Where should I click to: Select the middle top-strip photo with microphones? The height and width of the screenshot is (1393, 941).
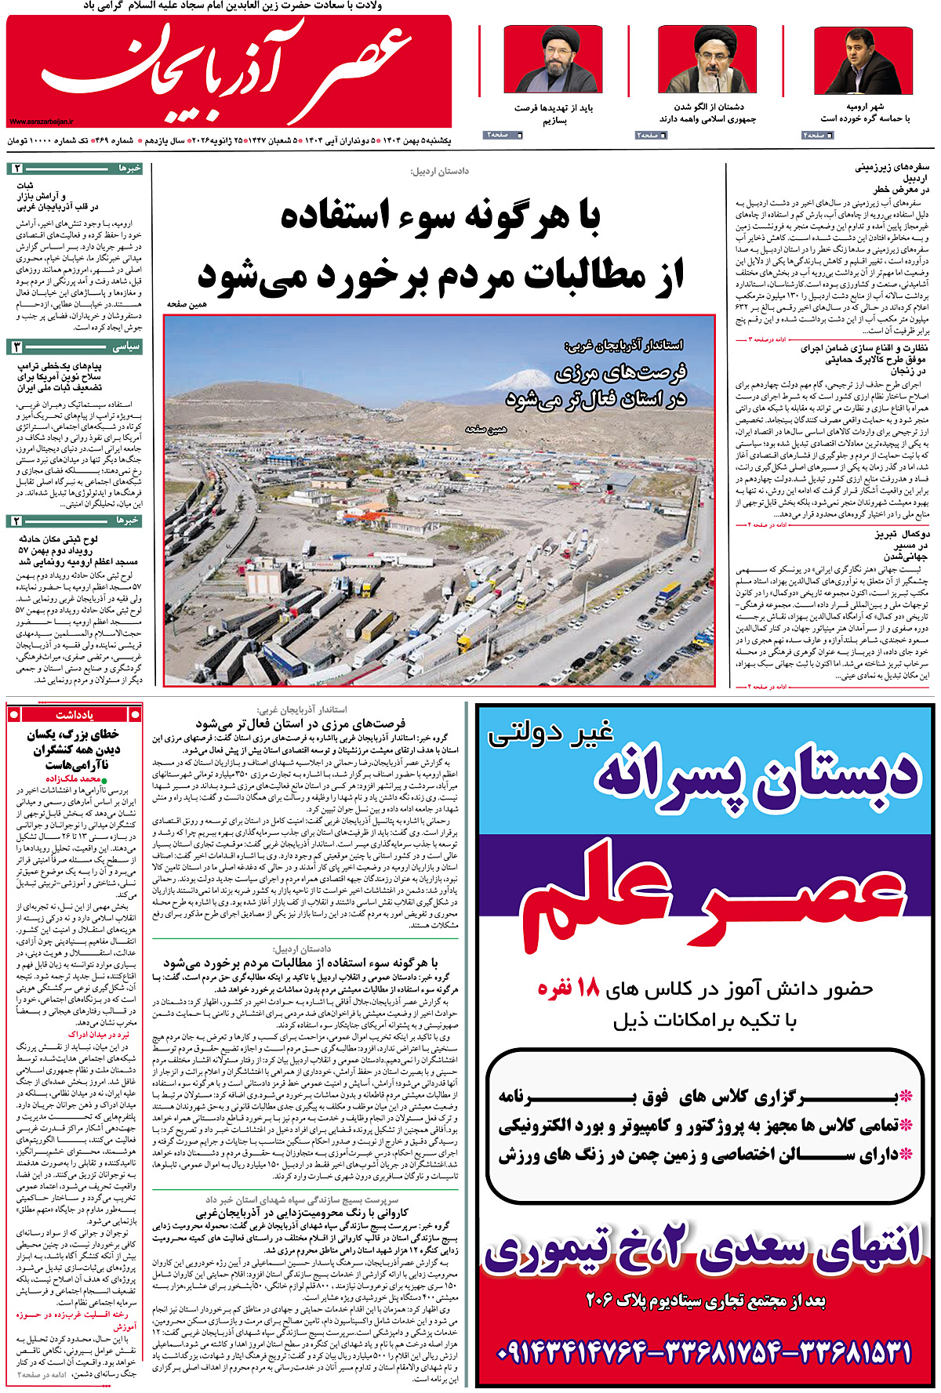click(x=707, y=60)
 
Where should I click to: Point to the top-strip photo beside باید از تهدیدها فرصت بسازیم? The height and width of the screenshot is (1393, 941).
click(x=553, y=60)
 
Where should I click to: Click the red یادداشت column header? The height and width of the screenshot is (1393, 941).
click(x=74, y=714)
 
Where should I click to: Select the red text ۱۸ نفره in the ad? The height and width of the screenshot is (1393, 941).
click(x=568, y=989)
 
